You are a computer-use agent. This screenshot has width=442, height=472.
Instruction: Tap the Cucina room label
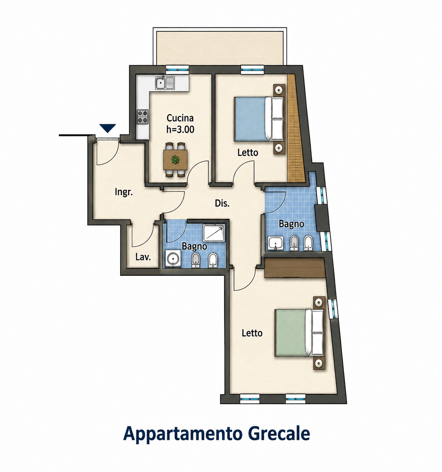(x=180, y=118)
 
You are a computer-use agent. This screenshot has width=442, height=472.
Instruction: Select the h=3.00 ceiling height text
(x=180, y=130)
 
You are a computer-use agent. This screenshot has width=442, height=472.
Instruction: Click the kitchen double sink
(x=165, y=83)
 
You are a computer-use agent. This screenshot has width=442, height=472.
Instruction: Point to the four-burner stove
(x=143, y=117)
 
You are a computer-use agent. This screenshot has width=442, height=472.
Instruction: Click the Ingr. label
(x=123, y=192)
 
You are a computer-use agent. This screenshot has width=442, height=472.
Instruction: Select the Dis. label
(x=222, y=204)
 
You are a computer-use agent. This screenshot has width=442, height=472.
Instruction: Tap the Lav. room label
(x=143, y=257)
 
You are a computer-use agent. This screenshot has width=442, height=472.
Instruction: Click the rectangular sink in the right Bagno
(x=275, y=243)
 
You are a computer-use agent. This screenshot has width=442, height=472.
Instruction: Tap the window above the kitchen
(x=177, y=70)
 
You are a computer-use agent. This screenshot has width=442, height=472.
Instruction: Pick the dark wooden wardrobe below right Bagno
(x=295, y=268)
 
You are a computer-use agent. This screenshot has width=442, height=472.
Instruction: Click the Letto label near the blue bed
(x=248, y=153)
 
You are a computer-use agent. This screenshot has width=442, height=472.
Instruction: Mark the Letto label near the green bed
(x=252, y=333)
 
